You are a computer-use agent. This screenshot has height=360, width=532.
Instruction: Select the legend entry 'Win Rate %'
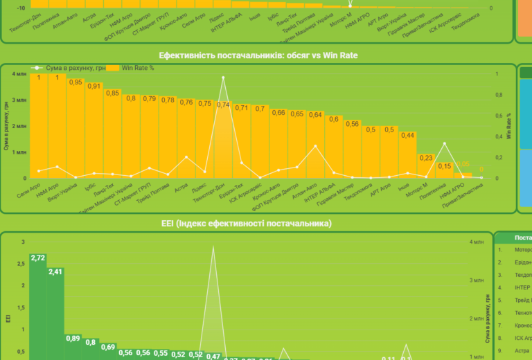138,68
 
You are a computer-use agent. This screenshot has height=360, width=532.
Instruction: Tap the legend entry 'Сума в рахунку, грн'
76,68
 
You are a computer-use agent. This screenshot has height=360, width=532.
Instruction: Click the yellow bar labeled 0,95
76,132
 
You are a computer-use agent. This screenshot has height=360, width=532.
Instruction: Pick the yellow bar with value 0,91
94,135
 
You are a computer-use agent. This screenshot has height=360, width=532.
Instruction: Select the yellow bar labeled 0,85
113,138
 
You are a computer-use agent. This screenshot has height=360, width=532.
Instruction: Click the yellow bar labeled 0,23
426,168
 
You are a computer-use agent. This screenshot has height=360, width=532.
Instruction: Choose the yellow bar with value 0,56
352,152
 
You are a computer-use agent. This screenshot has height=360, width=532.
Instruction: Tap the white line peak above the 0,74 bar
223,78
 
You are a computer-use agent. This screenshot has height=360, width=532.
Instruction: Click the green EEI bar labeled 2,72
38,308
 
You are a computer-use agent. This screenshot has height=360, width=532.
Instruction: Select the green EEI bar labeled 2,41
55,315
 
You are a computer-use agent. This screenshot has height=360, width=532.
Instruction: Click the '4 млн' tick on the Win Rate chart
19,74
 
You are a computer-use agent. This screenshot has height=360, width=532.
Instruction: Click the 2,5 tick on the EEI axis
21,264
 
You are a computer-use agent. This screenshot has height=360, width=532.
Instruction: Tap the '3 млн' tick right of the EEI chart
476,280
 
